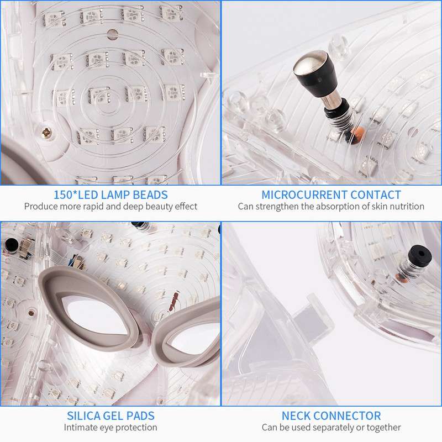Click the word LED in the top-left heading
(x=88, y=195)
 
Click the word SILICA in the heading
(x=83, y=416)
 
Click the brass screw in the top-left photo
(x=46, y=133)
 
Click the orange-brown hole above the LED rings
(x=112, y=34)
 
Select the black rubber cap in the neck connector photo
(x=420, y=255)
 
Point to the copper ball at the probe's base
(x=358, y=134)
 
